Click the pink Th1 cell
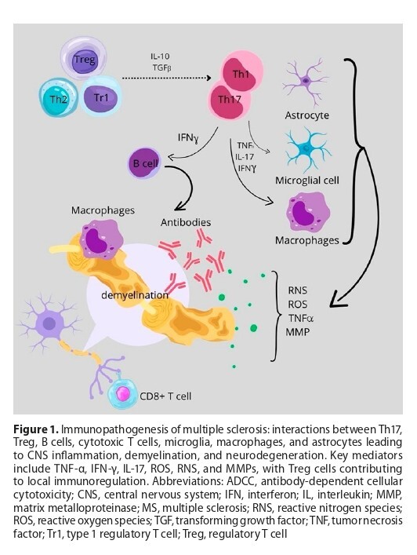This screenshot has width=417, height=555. [x=240, y=73]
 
